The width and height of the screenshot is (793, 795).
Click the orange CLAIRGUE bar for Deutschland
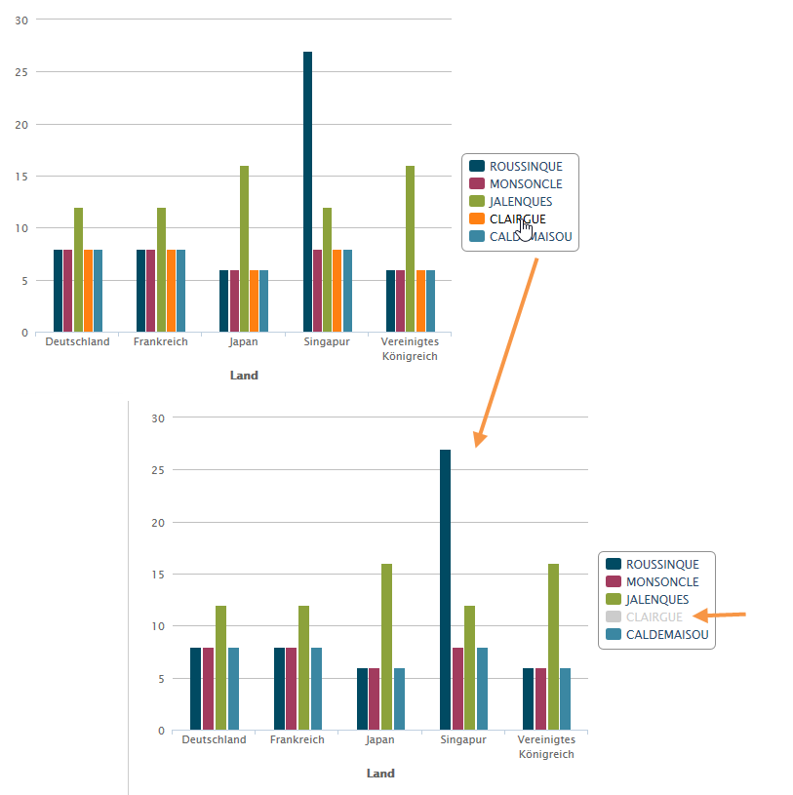pos(88,291)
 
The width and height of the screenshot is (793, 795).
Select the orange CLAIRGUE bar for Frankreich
pos(171,291)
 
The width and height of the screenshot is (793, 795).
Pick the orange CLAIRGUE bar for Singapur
pos(337,291)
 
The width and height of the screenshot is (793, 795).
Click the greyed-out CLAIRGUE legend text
pos(654,616)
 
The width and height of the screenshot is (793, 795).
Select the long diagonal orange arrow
pos(505,351)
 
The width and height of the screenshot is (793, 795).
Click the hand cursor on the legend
pos(526,229)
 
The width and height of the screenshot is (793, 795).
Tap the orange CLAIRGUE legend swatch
pos(477,219)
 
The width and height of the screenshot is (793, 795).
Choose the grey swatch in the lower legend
pos(614,616)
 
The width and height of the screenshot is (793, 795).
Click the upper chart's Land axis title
pos(244,376)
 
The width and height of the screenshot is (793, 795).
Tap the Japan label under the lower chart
pos(380,739)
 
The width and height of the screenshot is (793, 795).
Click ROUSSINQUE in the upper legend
pos(526,166)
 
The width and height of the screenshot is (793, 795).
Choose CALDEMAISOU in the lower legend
pos(667,634)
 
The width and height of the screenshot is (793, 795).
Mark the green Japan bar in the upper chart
pos(244,249)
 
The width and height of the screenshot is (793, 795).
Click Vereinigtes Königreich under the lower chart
pos(546,746)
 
